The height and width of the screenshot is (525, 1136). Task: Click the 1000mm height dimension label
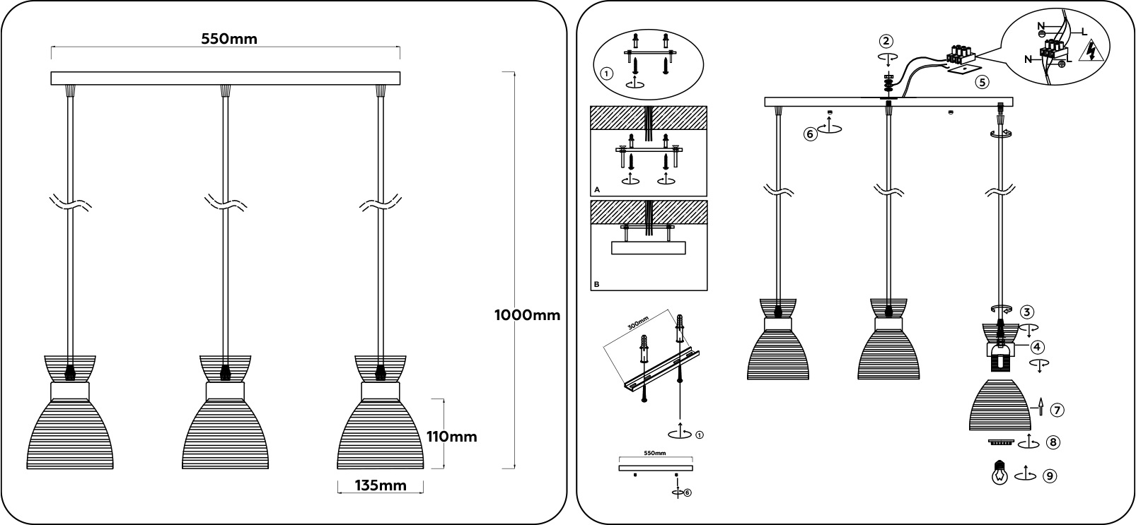[x=527, y=315]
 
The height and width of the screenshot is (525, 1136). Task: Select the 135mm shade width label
[x=380, y=485]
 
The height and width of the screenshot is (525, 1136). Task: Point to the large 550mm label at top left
[x=229, y=39]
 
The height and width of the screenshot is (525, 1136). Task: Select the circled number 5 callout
[x=981, y=81]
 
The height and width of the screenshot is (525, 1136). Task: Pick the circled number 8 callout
[x=1053, y=442]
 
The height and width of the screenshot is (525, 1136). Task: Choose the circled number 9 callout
[x=1050, y=476]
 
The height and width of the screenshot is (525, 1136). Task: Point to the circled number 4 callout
[x=1036, y=347]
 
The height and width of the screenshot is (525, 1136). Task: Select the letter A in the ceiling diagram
[x=597, y=190]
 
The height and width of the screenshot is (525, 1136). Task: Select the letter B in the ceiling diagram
[x=597, y=285]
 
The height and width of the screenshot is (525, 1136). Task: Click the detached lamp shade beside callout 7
[x=1000, y=405]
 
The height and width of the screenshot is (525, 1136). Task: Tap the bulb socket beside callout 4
[x=1000, y=357]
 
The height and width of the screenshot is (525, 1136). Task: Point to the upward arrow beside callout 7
[x=1041, y=405]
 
